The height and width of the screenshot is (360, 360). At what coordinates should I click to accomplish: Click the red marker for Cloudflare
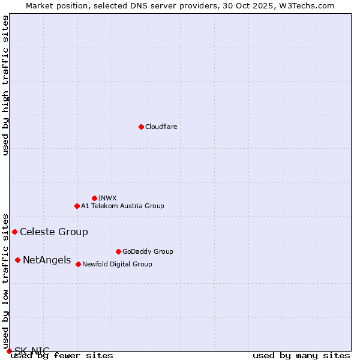tap(141, 127)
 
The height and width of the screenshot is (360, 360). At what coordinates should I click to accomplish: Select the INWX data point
tap(94, 198)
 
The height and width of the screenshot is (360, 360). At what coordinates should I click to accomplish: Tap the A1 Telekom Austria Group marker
tap(77, 206)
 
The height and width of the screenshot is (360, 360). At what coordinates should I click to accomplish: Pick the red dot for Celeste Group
tap(14, 232)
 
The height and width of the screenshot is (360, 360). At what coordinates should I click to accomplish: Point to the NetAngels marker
tap(17, 260)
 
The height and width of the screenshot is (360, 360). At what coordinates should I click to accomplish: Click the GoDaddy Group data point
tap(118, 251)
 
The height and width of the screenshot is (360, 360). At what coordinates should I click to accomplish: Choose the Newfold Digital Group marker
tap(78, 264)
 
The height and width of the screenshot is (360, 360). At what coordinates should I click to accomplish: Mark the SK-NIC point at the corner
tap(9, 351)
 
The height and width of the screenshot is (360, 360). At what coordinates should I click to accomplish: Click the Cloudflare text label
tap(161, 127)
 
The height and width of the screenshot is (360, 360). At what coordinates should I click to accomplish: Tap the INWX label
tap(107, 198)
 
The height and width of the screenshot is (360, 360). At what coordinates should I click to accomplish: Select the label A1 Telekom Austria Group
tap(122, 206)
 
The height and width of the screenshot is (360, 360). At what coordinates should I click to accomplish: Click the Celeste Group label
tap(53, 232)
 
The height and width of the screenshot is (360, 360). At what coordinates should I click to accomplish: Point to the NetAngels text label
tap(47, 260)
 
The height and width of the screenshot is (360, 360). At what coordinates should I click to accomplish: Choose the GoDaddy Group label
tap(147, 251)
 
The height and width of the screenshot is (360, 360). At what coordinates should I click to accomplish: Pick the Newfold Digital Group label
tap(117, 264)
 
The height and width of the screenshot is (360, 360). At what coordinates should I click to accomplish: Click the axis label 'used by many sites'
tap(301, 356)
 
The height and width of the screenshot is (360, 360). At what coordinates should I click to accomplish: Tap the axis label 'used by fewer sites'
tap(62, 356)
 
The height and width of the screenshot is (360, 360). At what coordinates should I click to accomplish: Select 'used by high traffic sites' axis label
tap(6, 85)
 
